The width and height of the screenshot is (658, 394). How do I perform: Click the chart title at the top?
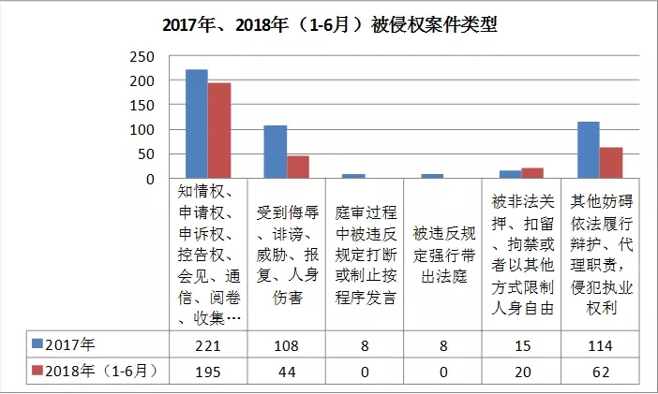click(328, 25)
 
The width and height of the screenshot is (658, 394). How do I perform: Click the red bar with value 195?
click(219, 130)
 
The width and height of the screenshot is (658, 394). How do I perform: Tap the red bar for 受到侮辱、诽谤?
click(298, 167)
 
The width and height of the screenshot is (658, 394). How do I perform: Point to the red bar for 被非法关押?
click(532, 173)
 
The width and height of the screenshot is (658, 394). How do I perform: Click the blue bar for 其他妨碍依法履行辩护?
click(588, 150)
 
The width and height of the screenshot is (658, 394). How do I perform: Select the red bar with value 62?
click(611, 163)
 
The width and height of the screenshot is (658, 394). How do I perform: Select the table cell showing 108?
click(286, 344)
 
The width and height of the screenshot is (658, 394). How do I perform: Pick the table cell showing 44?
click(286, 372)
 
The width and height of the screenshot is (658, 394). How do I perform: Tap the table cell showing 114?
click(600, 344)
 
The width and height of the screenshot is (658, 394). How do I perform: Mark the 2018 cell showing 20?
click(521, 372)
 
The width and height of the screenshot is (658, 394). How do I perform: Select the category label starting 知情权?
click(209, 253)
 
